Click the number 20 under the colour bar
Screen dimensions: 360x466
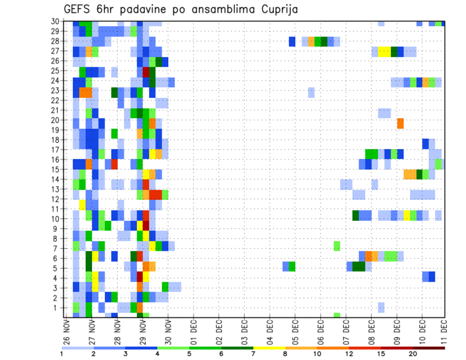(x=413, y=354)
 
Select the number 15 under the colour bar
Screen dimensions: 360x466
(x=382, y=354)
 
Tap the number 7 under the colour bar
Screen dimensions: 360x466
(x=253, y=354)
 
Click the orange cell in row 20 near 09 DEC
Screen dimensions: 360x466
(x=400, y=123)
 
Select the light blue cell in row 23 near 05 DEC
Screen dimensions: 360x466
(x=311, y=92)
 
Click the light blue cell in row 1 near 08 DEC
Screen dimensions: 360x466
(x=381, y=308)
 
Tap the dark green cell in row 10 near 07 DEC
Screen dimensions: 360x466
(x=355, y=215)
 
